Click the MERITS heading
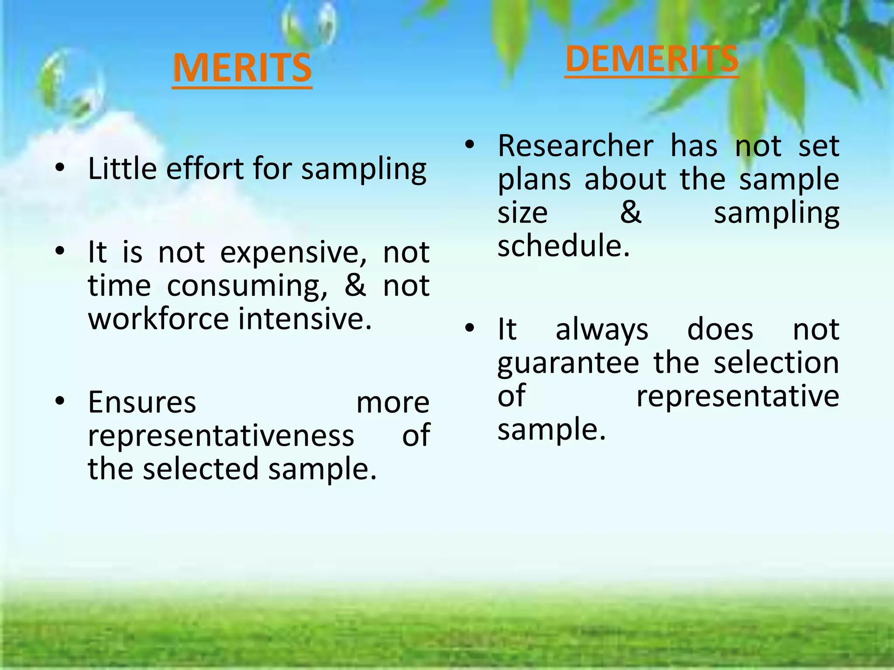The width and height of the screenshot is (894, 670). [x=242, y=68]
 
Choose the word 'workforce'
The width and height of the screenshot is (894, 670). [x=158, y=319]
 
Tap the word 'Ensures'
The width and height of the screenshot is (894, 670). [x=142, y=403]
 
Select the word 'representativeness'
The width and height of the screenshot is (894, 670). [x=221, y=436]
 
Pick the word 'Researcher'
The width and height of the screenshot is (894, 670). [x=575, y=146]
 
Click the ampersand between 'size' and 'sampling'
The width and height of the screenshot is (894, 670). [x=631, y=213]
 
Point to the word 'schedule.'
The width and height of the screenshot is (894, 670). [x=564, y=246]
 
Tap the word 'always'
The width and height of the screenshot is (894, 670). [x=602, y=330]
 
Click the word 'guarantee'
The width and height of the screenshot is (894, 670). [x=568, y=363]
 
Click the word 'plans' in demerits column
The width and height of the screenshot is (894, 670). [x=534, y=180]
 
